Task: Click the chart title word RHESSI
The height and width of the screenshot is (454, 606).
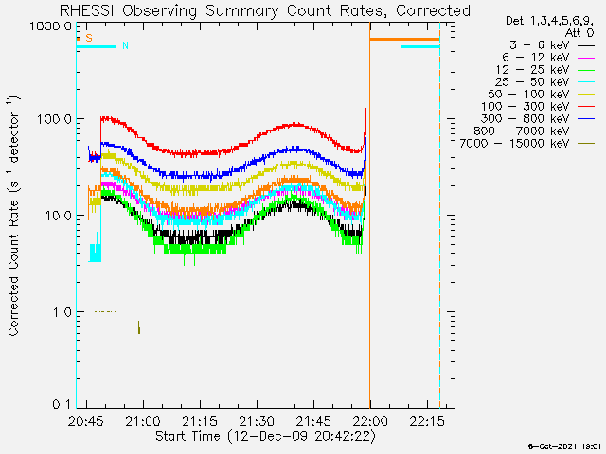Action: coord(86,10)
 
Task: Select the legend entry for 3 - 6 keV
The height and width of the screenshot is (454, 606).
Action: coord(552,45)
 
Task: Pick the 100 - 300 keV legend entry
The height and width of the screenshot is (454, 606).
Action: coord(538,107)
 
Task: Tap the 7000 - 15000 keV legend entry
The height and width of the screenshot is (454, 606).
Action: coord(527,144)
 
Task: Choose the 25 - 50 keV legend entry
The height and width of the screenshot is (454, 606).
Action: coord(544,82)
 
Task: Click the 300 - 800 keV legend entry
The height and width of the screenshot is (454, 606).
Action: coord(538,119)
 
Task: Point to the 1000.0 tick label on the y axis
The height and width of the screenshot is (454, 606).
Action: coord(50,26)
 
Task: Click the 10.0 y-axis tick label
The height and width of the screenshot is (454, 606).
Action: coord(58,216)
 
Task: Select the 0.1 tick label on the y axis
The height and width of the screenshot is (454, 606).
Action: coord(62,404)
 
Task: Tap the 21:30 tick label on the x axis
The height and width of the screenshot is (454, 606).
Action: coord(257,421)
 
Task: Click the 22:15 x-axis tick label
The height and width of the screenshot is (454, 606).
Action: coord(427,421)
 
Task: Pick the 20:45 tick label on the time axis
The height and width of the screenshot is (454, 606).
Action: coord(86,421)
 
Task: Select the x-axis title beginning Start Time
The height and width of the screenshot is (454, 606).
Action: coord(265,437)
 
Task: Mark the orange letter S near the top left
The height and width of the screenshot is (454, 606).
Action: coord(89,38)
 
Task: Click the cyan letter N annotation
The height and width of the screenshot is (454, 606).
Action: coord(125,45)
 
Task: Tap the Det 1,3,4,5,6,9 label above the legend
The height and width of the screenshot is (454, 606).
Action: coord(549,21)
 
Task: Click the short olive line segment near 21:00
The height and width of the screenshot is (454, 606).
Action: coord(139,327)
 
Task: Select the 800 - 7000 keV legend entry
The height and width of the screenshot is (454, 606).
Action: coord(534,131)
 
